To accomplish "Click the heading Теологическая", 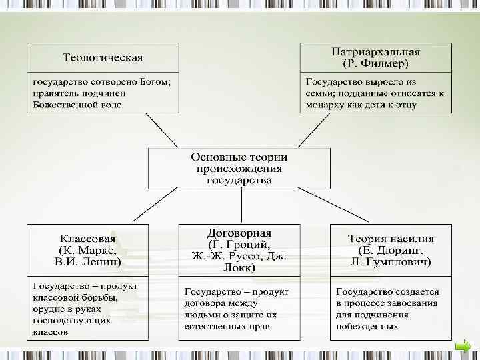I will [103, 57].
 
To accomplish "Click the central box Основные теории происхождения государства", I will [239, 168].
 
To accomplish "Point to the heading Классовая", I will [87, 238].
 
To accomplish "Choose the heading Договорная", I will [238, 233].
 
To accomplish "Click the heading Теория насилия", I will [391, 238].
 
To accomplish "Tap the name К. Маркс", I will [87, 250].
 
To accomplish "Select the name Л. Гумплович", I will [391, 262].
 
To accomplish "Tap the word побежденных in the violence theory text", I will [367, 326].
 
